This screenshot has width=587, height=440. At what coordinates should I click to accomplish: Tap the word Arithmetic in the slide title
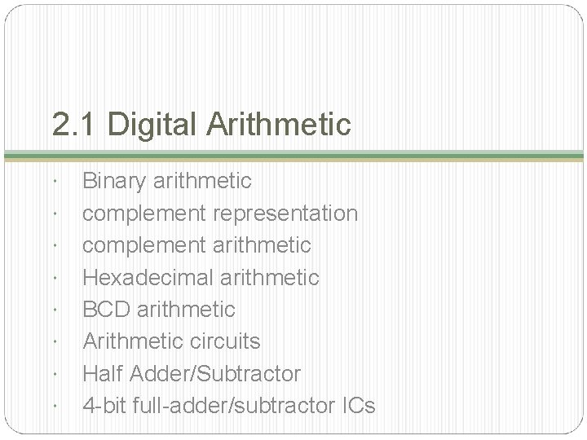point(279,125)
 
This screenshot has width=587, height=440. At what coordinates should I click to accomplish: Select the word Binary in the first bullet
point(114,181)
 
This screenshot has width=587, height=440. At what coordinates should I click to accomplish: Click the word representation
point(285,213)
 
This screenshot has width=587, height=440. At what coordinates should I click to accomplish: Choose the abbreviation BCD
point(108,310)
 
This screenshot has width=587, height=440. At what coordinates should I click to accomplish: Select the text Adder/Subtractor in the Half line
point(215,374)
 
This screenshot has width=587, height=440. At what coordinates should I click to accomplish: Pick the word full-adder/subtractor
point(229,406)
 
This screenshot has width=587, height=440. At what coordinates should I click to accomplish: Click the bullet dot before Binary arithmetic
point(53,181)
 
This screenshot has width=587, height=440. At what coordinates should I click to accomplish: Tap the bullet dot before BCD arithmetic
point(53,310)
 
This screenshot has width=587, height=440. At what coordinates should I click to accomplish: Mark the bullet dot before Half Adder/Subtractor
point(53,374)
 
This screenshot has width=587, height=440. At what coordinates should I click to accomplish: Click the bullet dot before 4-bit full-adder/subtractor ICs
point(53,406)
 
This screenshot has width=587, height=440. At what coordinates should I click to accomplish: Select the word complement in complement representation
point(144,213)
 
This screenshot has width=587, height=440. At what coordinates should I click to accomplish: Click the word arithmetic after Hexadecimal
point(271,278)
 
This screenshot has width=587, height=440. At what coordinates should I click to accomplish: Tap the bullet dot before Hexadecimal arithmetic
point(53,278)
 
